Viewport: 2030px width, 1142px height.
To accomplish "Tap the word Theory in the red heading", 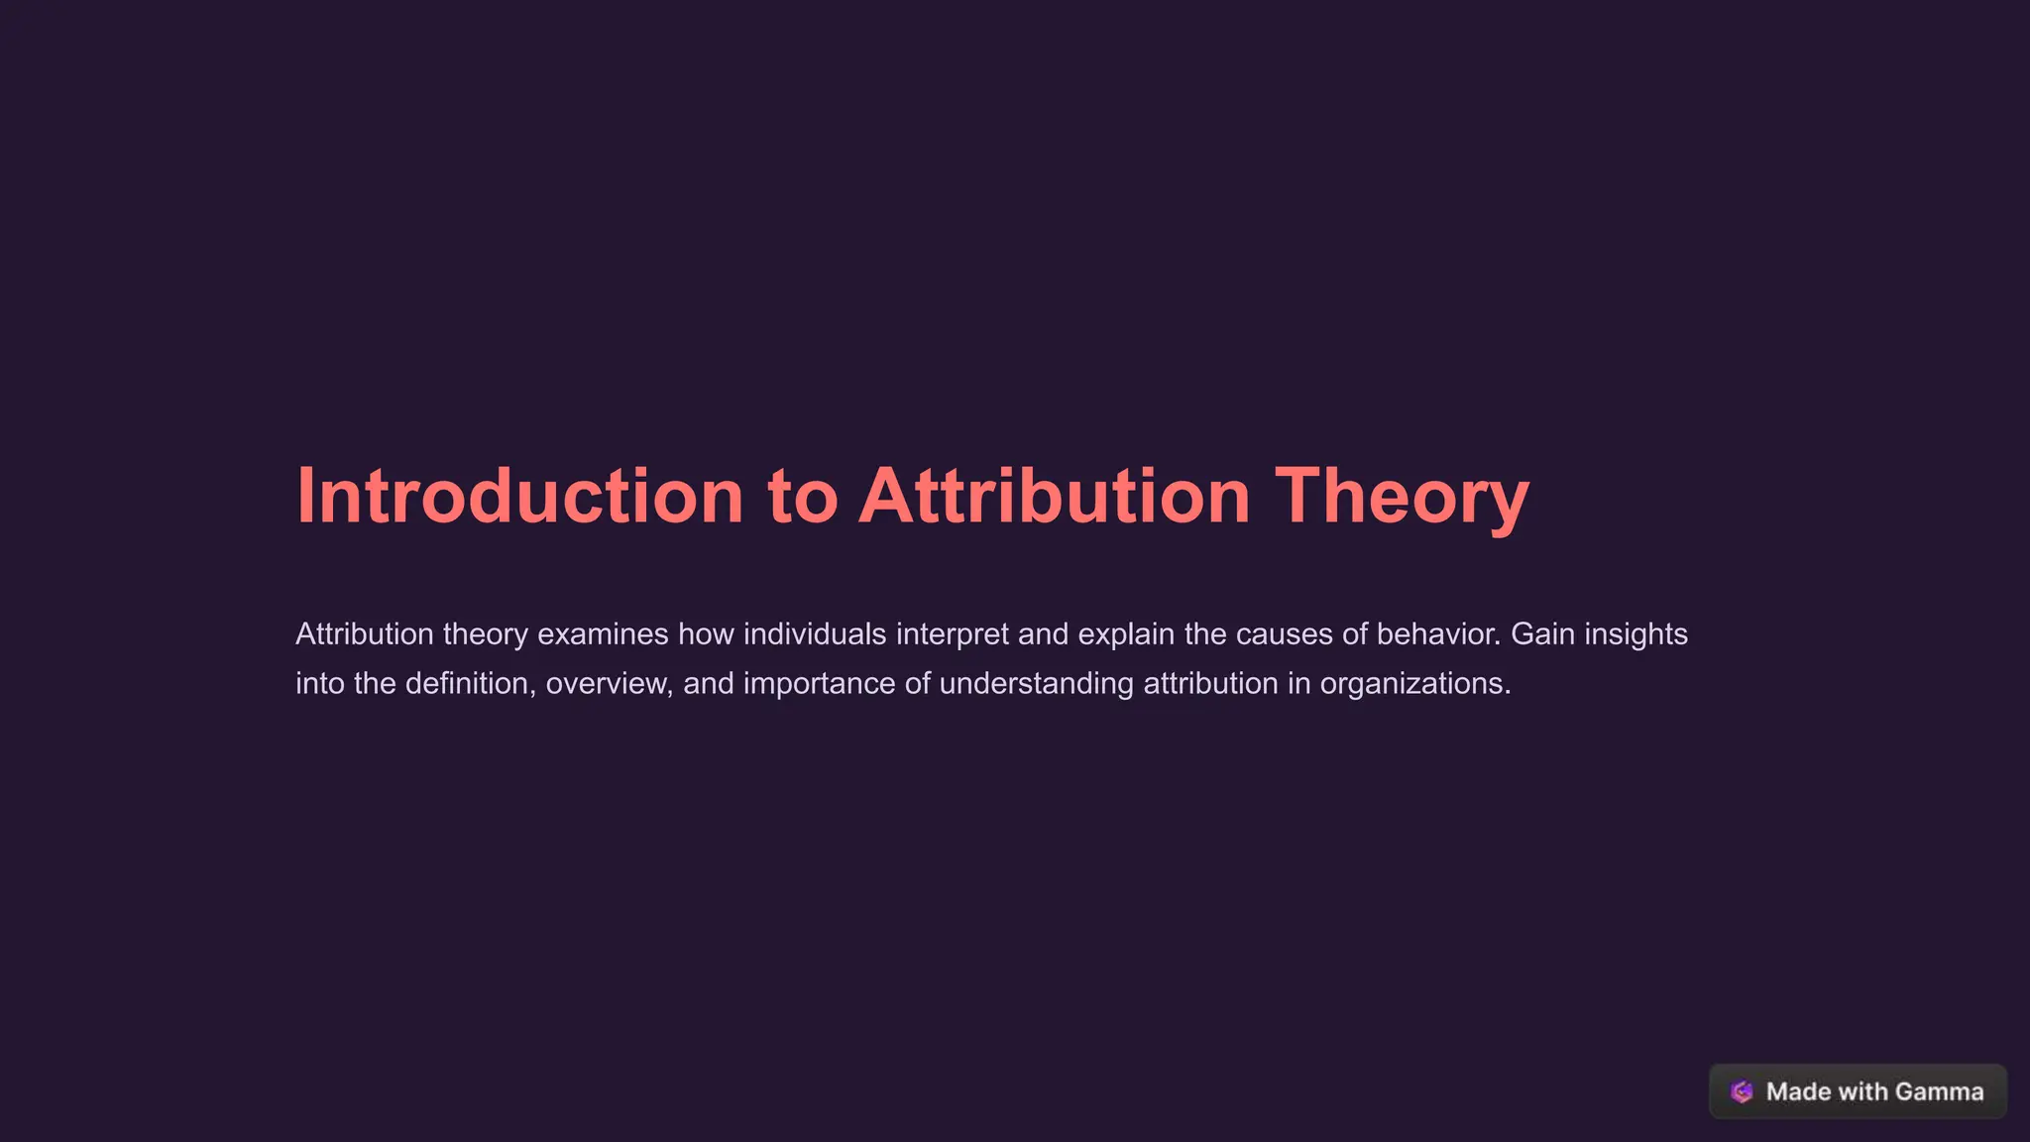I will [1402, 496].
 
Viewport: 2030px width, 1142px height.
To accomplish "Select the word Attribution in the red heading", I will [1055, 496].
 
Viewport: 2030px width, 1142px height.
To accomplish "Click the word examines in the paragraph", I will [603, 634].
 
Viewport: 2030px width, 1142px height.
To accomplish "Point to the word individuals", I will [815, 634].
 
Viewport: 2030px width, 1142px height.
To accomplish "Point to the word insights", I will [1635, 634].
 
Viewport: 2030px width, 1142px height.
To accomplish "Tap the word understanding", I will [1036, 684].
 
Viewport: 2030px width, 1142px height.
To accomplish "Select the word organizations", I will [1415, 684].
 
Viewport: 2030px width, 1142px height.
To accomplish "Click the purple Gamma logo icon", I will [1742, 1091].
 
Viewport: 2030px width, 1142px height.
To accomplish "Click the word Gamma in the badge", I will [1939, 1091].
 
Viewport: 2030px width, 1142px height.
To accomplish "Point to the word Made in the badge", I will [1798, 1091].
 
